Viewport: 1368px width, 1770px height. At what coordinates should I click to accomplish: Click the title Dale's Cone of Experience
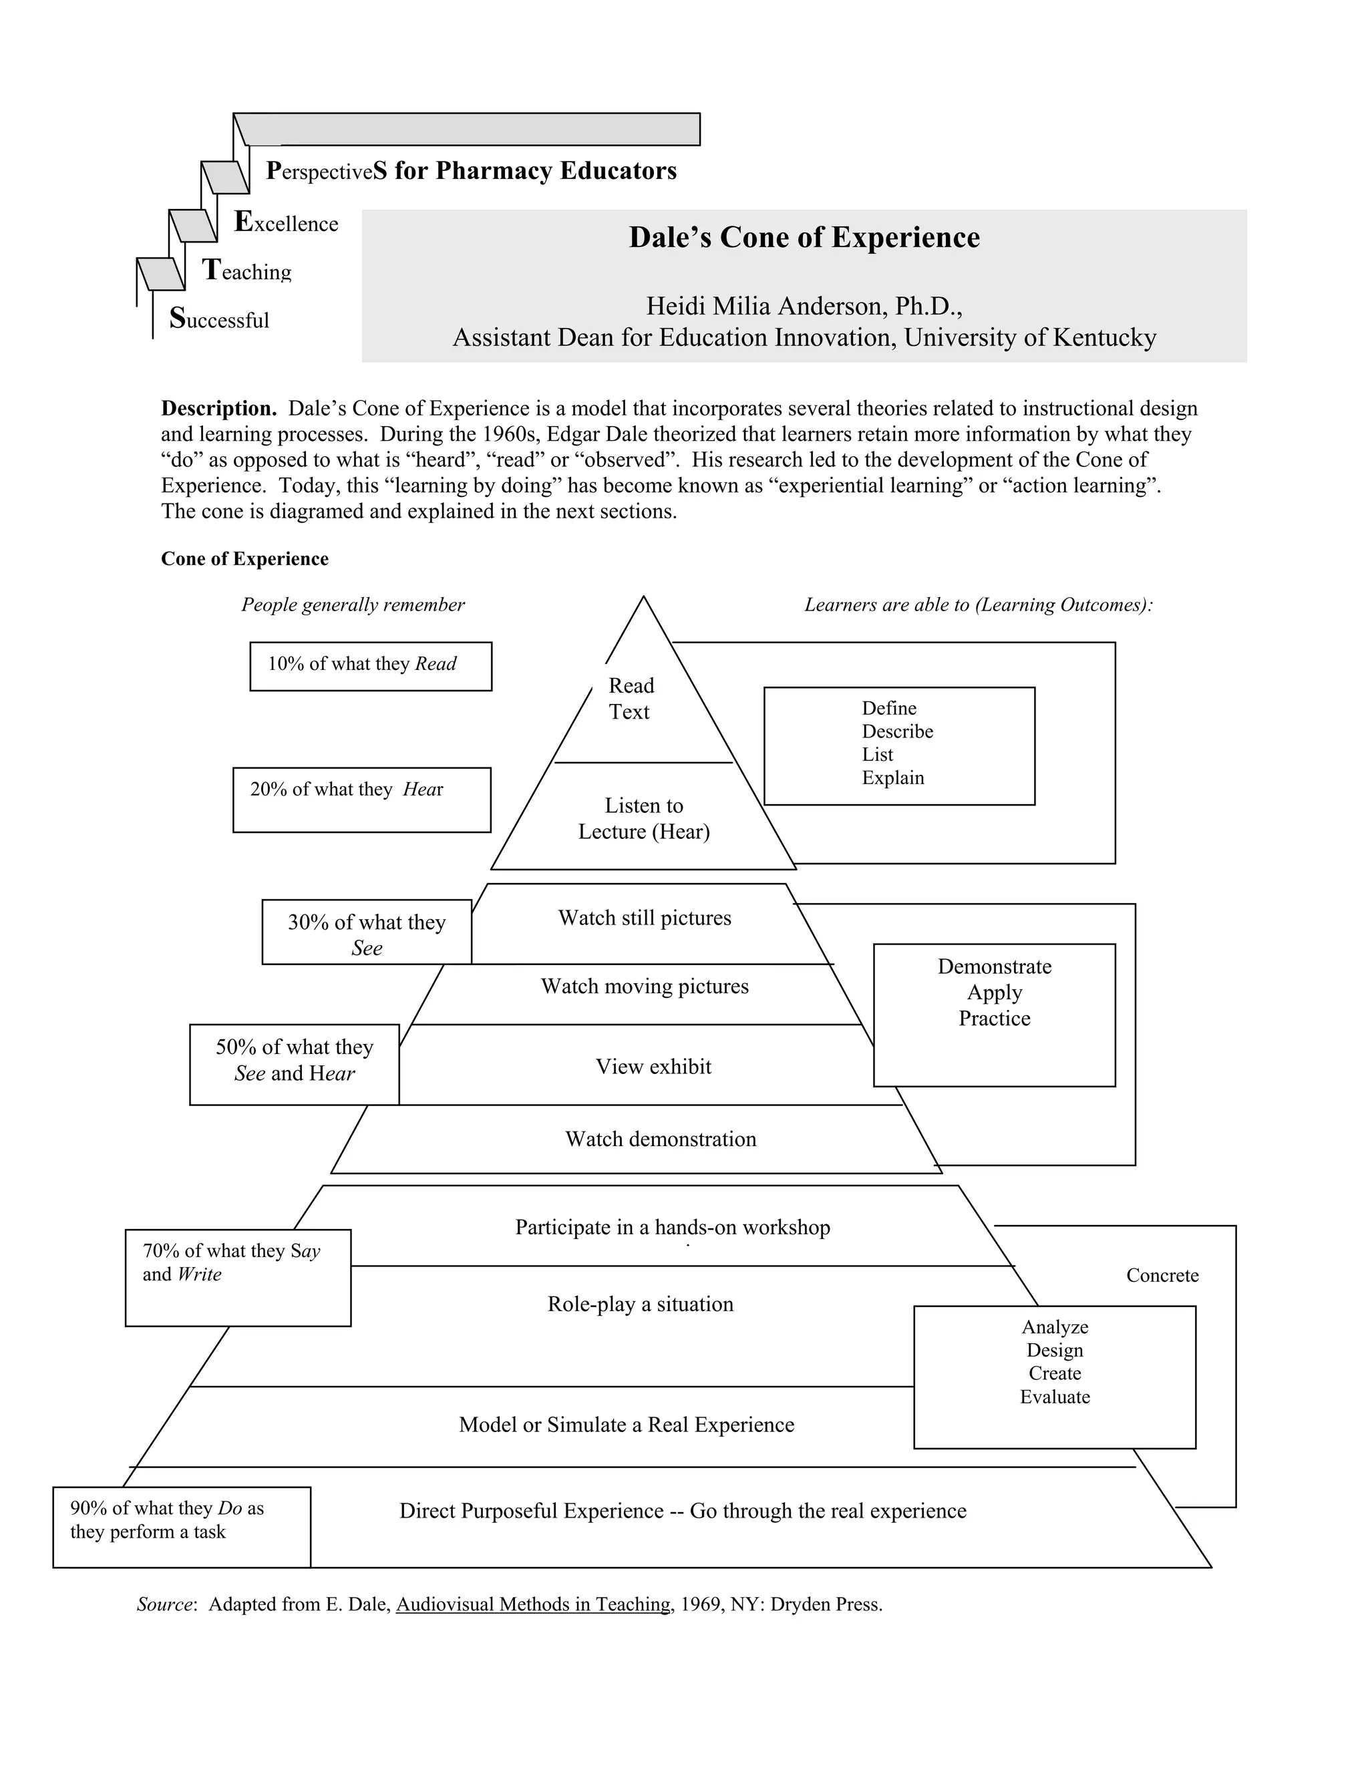click(x=804, y=238)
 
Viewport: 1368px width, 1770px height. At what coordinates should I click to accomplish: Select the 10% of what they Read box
click(x=370, y=666)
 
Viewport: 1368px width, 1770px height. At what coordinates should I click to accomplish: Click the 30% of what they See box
click(x=366, y=932)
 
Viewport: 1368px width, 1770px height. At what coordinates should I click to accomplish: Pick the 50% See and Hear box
click(x=294, y=1064)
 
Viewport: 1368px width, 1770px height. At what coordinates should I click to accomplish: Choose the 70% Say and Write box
click(x=237, y=1277)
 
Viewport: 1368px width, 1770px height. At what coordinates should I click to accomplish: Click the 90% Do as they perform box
click(x=182, y=1527)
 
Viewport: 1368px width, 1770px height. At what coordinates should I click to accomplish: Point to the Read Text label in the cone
click(x=631, y=699)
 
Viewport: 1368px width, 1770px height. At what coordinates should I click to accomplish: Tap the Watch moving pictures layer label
click(x=645, y=987)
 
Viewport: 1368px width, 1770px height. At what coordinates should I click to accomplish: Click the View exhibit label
click(x=653, y=1067)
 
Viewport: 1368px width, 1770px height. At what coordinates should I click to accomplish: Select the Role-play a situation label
click(x=640, y=1304)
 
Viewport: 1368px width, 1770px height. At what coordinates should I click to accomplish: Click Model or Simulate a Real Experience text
click(x=627, y=1425)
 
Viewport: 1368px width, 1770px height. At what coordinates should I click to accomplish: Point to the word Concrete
click(x=1162, y=1276)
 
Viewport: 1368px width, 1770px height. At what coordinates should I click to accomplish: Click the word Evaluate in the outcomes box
click(x=1054, y=1397)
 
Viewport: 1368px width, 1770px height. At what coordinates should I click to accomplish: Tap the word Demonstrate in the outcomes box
click(x=995, y=967)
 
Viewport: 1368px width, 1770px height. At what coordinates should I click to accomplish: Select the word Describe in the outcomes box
click(x=897, y=732)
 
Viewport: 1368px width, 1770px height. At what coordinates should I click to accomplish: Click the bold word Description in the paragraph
click(x=219, y=409)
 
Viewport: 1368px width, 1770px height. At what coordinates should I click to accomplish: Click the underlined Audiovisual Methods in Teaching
click(x=533, y=1604)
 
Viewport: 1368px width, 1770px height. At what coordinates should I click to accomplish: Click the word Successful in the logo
click(x=220, y=319)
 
